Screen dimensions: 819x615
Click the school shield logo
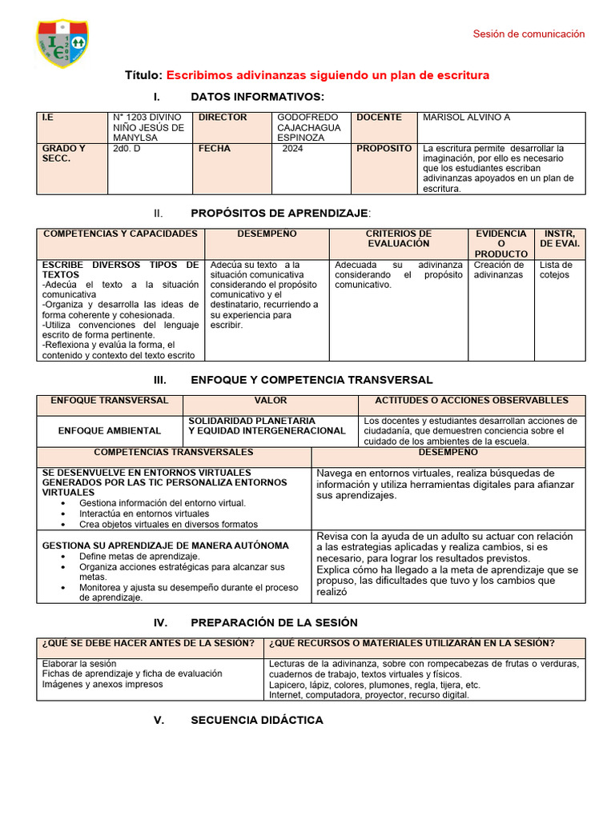(x=63, y=43)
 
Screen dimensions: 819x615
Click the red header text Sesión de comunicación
(x=529, y=34)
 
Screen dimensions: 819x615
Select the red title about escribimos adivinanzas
(x=327, y=75)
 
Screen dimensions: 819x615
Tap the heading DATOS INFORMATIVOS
(x=257, y=97)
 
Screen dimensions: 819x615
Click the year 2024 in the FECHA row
(x=293, y=149)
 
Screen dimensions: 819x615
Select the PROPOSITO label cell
(x=384, y=149)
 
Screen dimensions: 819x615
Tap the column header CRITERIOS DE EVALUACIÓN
(x=398, y=238)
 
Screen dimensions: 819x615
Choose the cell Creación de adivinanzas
(x=499, y=270)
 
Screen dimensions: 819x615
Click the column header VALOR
(x=271, y=401)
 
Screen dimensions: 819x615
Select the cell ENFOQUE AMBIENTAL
(x=109, y=430)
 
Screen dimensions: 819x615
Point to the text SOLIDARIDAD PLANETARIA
(x=251, y=421)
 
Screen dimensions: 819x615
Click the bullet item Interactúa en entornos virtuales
(x=144, y=514)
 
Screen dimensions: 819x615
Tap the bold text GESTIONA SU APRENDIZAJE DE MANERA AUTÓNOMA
(x=165, y=545)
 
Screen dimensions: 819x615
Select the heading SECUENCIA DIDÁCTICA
(x=257, y=720)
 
